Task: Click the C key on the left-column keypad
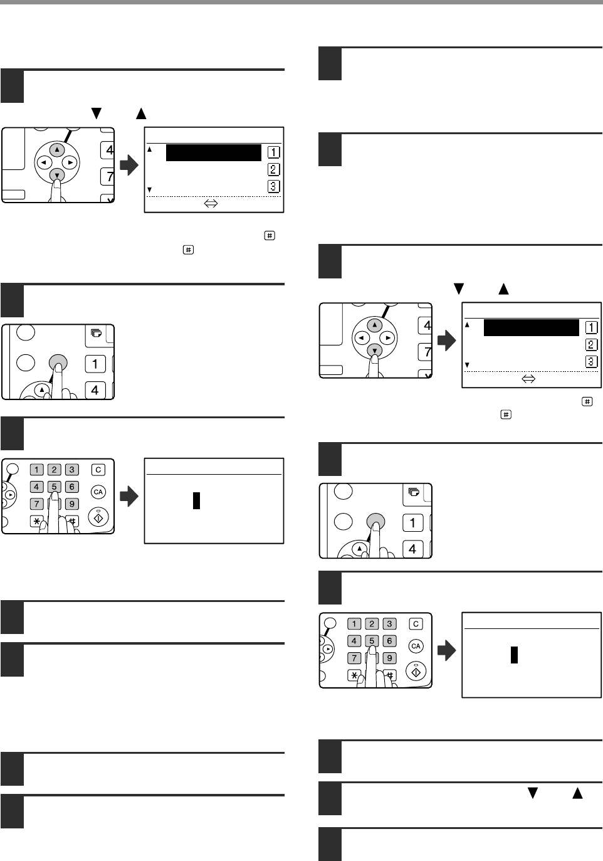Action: tap(98, 470)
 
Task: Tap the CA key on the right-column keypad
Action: tap(416, 646)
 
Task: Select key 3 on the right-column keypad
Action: tap(389, 623)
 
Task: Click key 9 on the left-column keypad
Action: tap(72, 504)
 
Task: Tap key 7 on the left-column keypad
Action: tap(36, 504)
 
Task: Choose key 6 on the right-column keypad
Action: tap(389, 641)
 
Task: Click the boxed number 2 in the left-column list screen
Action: tap(273, 169)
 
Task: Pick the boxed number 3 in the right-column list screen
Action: tap(591, 362)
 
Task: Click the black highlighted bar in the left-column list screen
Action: tap(214, 152)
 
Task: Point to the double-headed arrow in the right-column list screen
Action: tap(528, 379)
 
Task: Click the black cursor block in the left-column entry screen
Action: tap(196, 500)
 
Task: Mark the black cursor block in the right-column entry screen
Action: tap(514, 655)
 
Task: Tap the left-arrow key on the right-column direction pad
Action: tap(362, 338)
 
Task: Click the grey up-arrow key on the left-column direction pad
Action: tap(57, 149)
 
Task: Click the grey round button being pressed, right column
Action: tap(375, 522)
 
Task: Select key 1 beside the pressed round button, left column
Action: tap(95, 364)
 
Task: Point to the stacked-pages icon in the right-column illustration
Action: tap(414, 492)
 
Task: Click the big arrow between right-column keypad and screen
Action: tap(446, 650)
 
